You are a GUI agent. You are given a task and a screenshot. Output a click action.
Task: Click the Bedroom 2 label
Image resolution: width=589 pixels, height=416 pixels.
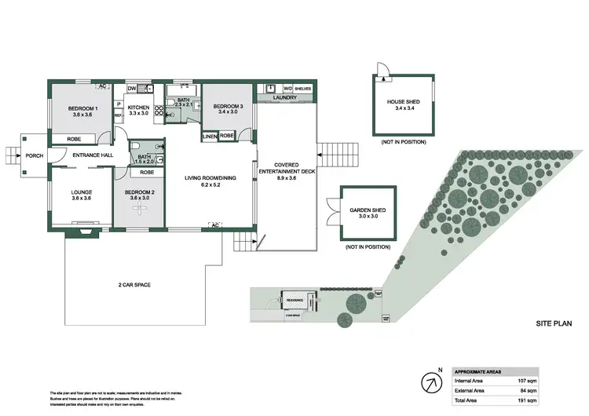(137, 195)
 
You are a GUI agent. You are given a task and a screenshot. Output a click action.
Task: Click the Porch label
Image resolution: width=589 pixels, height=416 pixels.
(35, 155)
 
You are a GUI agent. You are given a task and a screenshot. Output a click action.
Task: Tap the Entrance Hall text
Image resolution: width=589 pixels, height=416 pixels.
(89, 155)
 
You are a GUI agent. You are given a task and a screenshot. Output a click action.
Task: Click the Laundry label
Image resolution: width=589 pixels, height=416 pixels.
(284, 97)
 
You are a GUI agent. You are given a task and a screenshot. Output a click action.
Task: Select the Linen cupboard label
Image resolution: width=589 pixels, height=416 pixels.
(209, 136)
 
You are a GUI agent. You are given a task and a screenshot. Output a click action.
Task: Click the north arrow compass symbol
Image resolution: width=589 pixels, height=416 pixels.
(430, 382)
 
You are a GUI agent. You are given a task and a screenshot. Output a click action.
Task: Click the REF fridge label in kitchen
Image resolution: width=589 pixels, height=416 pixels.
(119, 115)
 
